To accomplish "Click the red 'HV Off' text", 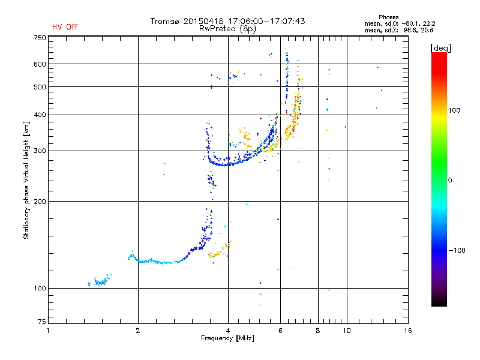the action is click(65, 27).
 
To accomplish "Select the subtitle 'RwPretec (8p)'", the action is click(227, 29).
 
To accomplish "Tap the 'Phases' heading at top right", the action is click(388, 17).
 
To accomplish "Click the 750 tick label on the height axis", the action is click(40, 38).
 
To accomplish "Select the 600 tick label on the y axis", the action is click(40, 64).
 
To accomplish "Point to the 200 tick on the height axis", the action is click(40, 202).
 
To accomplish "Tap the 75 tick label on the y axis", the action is click(42, 322).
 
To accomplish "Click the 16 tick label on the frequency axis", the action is click(408, 331).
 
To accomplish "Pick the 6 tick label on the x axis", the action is click(280, 331).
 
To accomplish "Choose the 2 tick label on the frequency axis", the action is click(138, 331).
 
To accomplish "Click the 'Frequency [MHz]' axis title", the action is click(227, 338).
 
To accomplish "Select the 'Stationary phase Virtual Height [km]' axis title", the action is click(26, 181).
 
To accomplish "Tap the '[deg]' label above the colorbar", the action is click(440, 48).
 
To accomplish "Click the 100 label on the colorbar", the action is click(454, 110).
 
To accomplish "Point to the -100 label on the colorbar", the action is click(457, 250).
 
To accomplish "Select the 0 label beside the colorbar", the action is click(450, 181).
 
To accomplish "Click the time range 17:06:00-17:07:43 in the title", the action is click(266, 21).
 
